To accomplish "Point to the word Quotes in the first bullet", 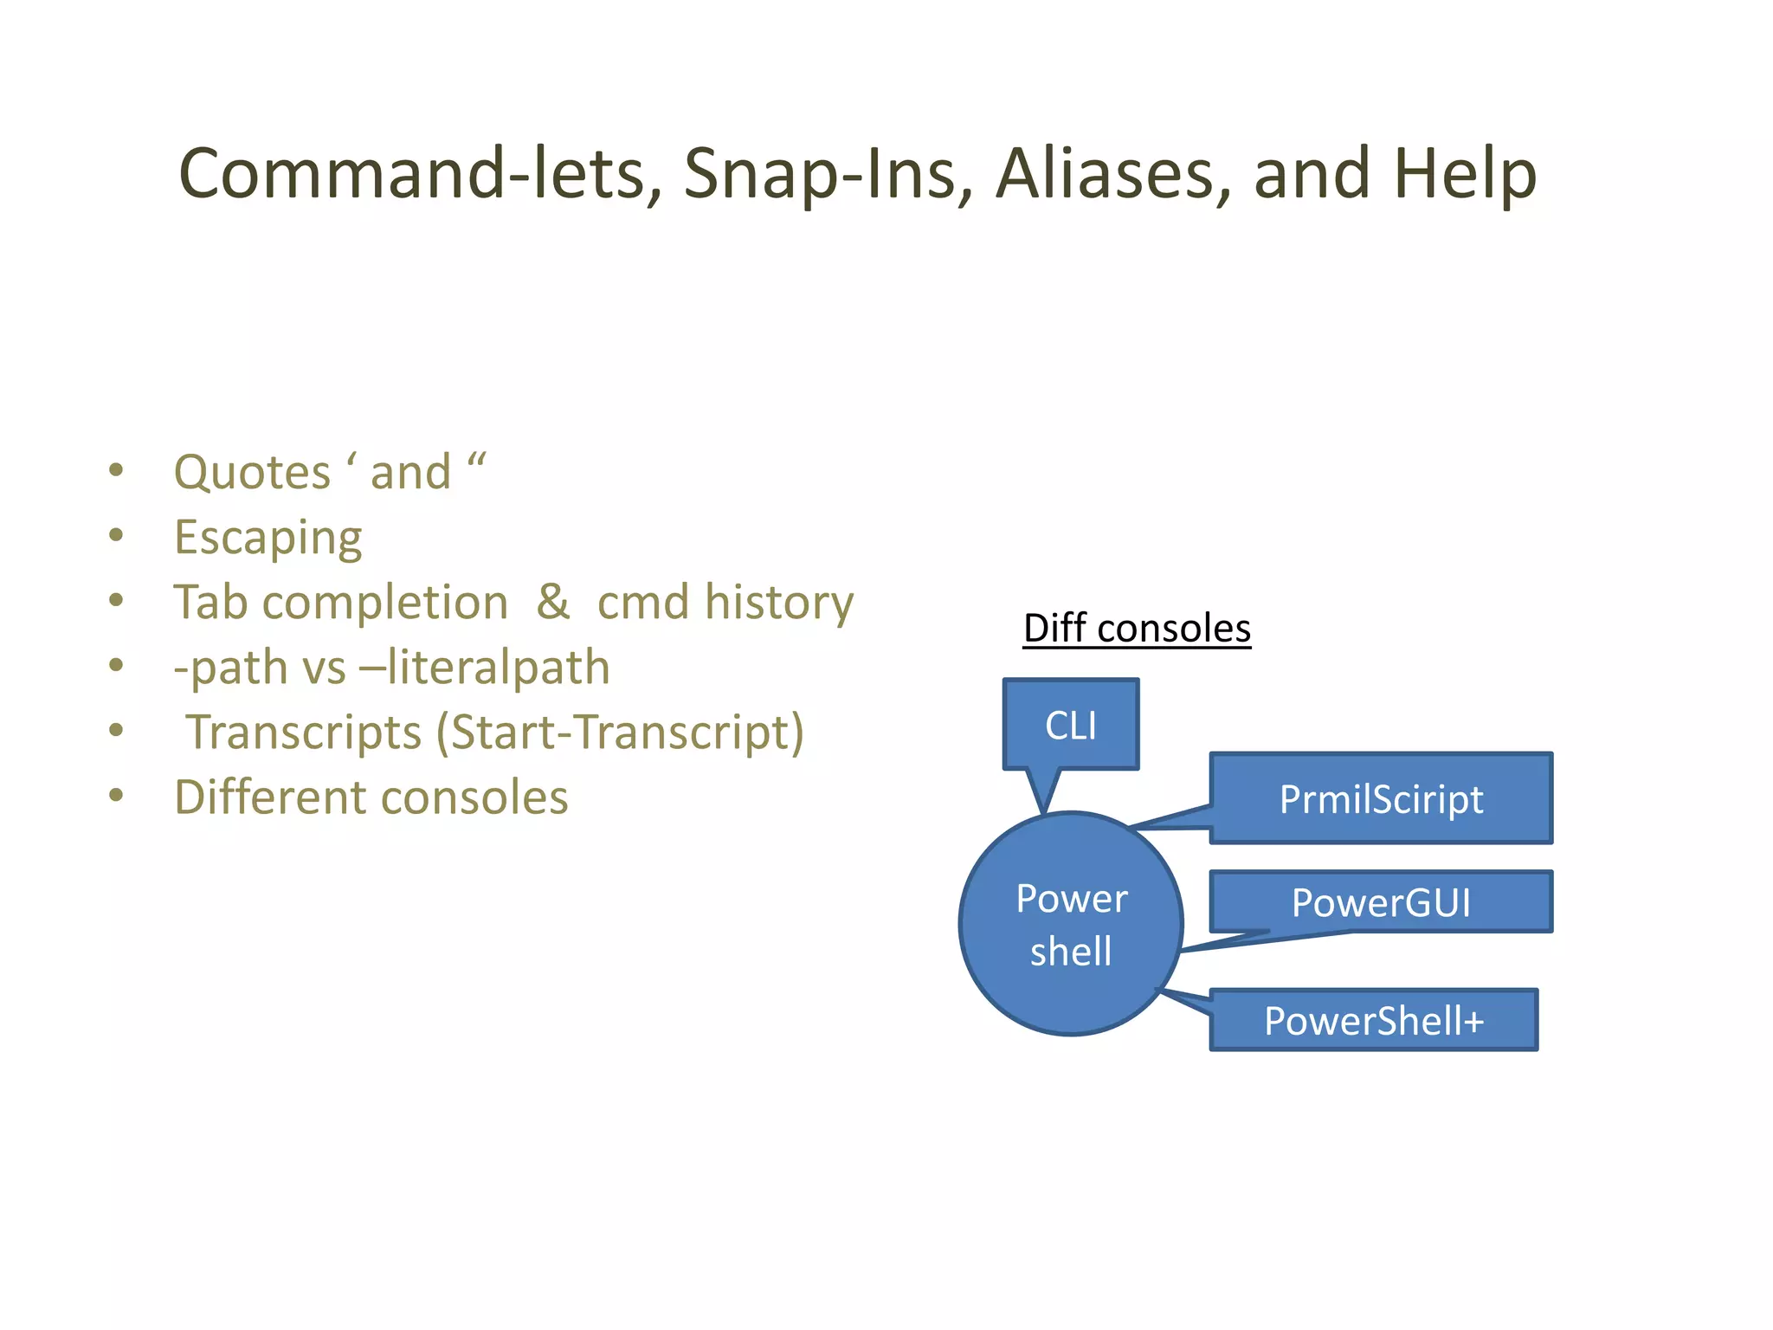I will pyautogui.click(x=252, y=473).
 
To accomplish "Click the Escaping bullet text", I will pyautogui.click(x=268, y=538).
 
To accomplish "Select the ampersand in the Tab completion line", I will pyautogui.click(x=553, y=602).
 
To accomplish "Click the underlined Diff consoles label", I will pyautogui.click(x=1137, y=629).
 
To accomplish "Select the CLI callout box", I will pyautogui.click(x=1071, y=725).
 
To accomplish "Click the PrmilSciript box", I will pyautogui.click(x=1381, y=798).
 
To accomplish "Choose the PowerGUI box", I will pyautogui.click(x=1381, y=902).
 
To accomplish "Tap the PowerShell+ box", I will pyautogui.click(x=1374, y=1020).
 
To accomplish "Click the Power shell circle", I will pyautogui.click(x=1072, y=924).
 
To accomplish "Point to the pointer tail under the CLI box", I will pyautogui.click(x=1044, y=790).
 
